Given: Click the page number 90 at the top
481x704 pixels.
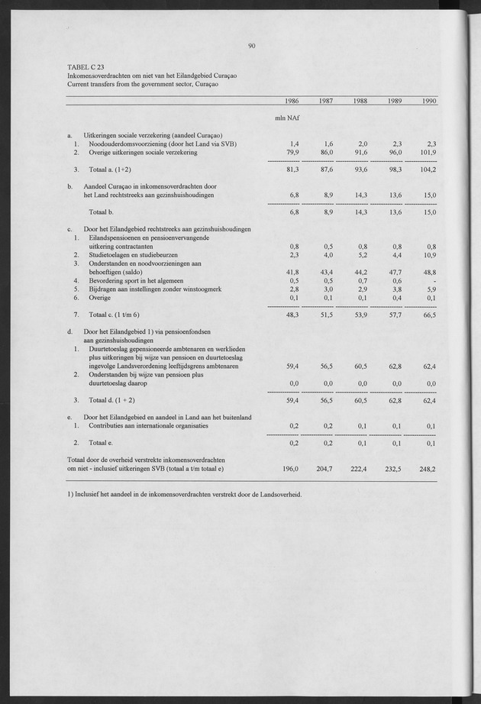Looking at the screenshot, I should tap(251, 46).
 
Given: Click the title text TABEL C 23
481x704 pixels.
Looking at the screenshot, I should tap(86, 67).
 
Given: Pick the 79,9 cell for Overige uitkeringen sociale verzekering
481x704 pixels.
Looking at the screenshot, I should tap(291, 152).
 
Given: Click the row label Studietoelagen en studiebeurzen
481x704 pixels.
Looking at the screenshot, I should tap(131, 254).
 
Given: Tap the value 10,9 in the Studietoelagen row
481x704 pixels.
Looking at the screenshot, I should tap(428, 254).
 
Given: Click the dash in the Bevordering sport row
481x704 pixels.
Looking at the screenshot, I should tap(434, 280).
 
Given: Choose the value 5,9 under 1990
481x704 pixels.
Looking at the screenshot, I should tap(431, 289).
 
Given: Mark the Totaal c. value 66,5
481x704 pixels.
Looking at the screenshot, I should tap(428, 315).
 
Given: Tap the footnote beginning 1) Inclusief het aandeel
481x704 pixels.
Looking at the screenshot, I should tap(185, 494).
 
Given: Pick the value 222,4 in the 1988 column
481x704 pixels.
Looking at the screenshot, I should tap(357, 468).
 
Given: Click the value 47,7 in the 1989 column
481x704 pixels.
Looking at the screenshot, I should tap(392, 273).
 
